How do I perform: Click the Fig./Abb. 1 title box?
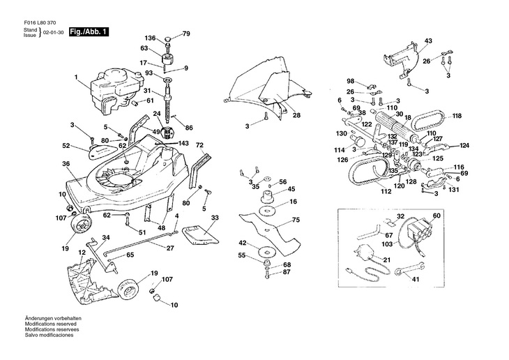(89, 32)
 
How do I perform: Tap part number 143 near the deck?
(183, 143)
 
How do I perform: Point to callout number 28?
(296, 115)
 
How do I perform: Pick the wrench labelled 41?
(409, 267)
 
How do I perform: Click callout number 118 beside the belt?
(457, 116)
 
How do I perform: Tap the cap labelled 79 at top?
(168, 39)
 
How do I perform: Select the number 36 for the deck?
(66, 164)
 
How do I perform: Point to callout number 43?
(428, 41)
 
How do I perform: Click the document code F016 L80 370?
(40, 23)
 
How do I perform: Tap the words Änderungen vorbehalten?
(53, 318)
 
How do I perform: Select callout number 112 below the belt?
(386, 191)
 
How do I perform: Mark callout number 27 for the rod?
(170, 248)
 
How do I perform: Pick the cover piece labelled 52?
(102, 151)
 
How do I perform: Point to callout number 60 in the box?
(436, 216)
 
